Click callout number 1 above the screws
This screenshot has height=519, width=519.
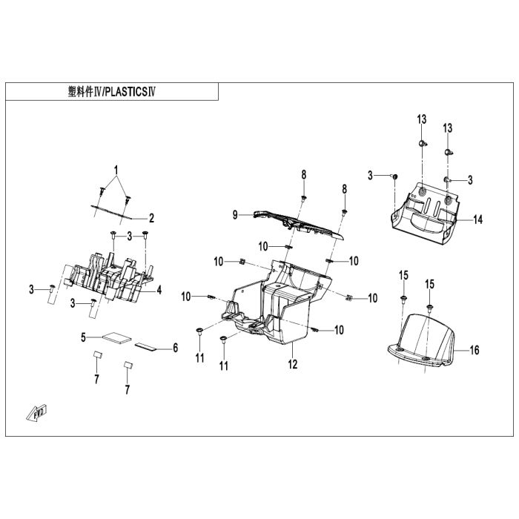click(116, 171)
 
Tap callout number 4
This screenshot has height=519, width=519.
click(159, 290)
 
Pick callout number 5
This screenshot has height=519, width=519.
click(85, 338)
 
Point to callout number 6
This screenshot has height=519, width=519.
click(175, 347)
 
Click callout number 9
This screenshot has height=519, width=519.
click(235, 215)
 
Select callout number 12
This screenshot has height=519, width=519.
click(293, 364)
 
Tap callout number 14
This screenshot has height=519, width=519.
click(478, 219)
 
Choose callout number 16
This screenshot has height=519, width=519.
click(475, 349)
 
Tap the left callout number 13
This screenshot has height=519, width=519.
click(421, 120)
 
